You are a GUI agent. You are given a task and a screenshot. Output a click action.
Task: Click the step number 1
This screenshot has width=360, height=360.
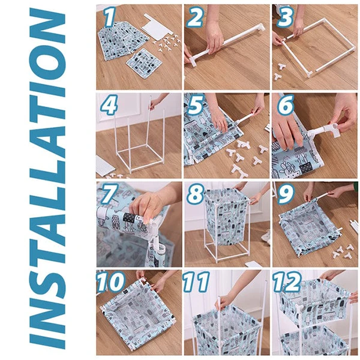tap(110, 17)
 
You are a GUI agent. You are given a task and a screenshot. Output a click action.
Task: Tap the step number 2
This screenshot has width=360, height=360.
tap(195, 17)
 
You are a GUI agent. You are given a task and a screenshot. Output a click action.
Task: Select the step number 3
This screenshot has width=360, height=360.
tap(286, 17)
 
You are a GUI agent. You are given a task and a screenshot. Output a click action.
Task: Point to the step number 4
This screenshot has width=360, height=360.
tap(110, 106)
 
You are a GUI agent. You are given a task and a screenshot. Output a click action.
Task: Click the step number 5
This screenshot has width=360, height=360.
tap(195, 106)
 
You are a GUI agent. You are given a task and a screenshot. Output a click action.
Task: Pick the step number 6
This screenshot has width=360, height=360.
tap(286, 106)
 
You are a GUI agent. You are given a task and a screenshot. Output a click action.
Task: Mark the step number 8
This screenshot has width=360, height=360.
tap(195, 195)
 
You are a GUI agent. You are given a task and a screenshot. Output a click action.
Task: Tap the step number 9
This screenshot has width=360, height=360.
tap(286, 195)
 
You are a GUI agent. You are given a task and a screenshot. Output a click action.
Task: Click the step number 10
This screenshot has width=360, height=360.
tap(110, 281)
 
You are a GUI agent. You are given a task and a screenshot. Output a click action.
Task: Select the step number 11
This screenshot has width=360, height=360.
tap(196, 281)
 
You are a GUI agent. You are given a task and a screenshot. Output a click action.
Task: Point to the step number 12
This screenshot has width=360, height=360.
tap(286, 281)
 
